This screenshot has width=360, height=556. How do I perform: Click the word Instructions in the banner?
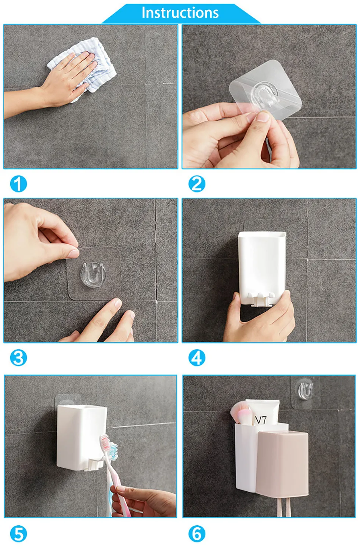click(180, 12)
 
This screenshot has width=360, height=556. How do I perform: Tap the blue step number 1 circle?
click(18, 184)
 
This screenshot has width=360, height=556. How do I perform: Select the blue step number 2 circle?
click(197, 184)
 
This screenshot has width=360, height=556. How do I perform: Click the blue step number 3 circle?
click(18, 358)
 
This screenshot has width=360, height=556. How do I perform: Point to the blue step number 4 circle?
click(197, 358)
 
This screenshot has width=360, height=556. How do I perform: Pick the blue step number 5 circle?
click(18, 534)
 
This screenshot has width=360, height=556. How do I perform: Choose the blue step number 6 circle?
click(197, 534)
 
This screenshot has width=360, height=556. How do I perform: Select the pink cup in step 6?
click(282, 464)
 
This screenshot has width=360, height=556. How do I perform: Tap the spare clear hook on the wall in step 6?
click(305, 392)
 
